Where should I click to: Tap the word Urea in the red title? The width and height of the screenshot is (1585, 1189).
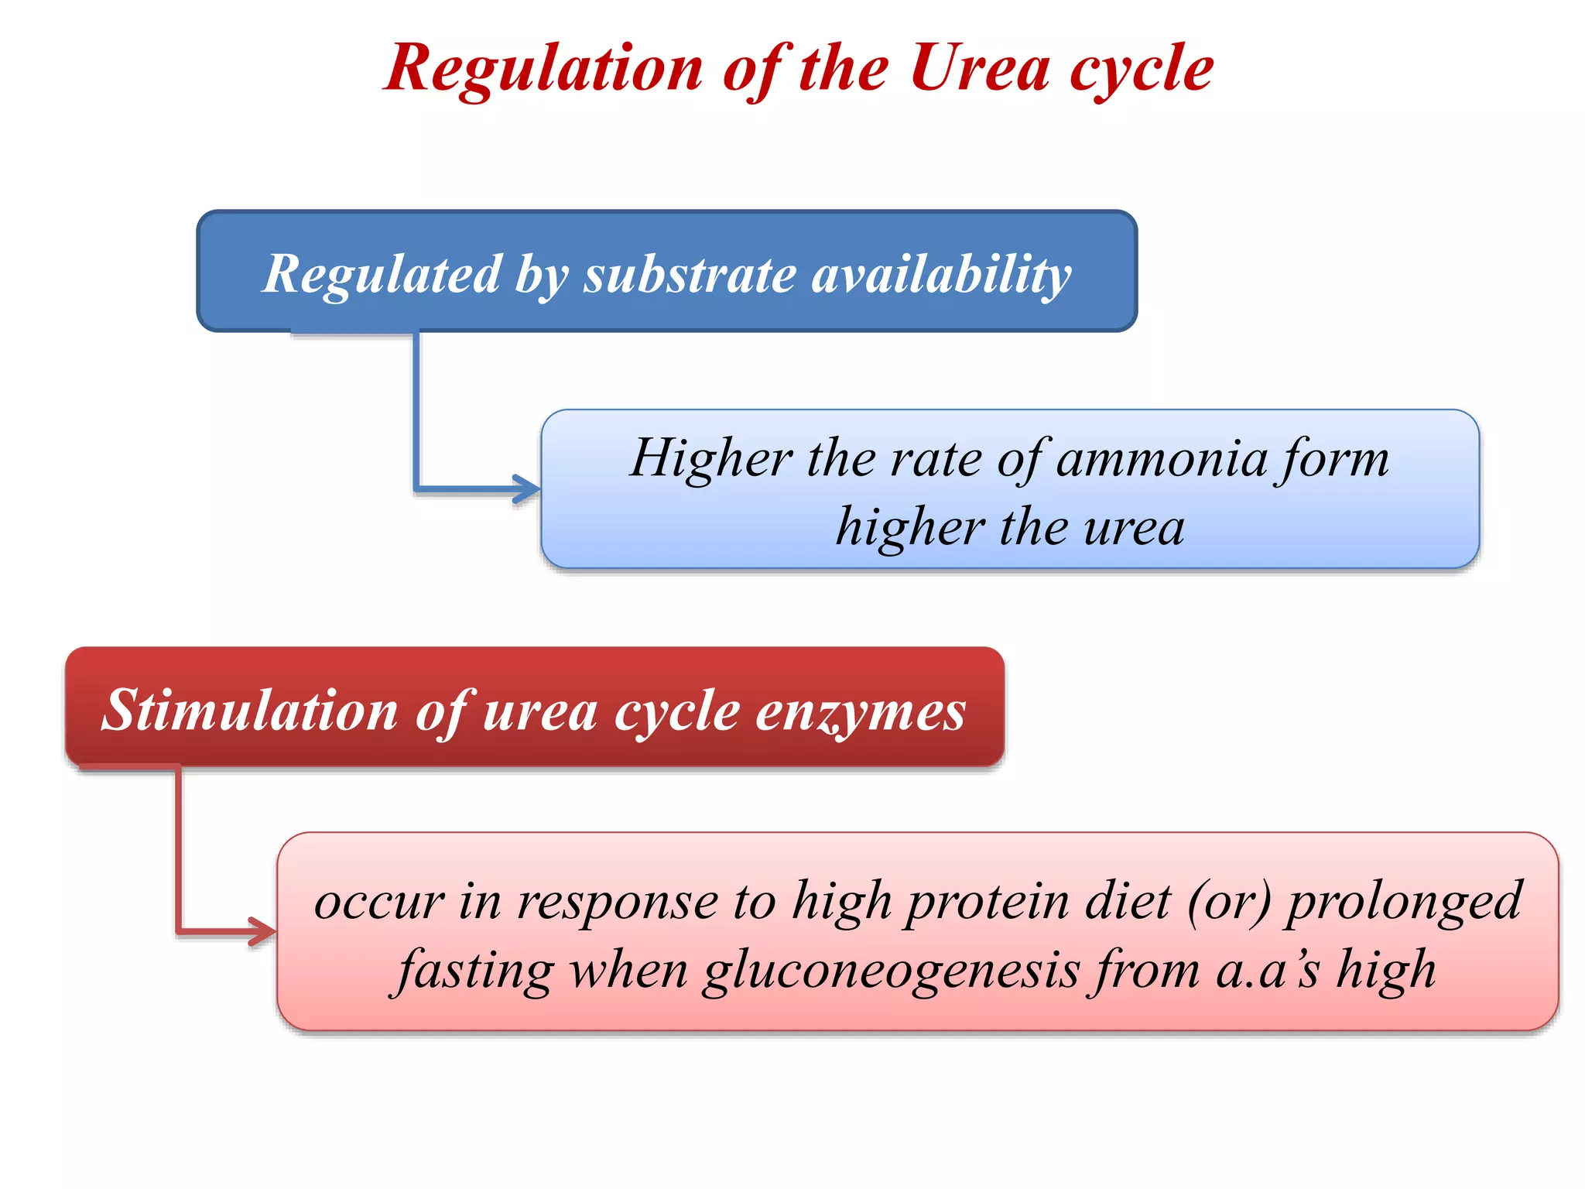[x=980, y=68]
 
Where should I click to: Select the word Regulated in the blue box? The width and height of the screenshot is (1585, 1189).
[x=382, y=274]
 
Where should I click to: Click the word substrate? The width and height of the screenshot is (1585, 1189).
[x=690, y=274]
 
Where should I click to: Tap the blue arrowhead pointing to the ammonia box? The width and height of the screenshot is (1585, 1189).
[x=529, y=489]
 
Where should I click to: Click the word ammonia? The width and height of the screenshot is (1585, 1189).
[x=1162, y=458]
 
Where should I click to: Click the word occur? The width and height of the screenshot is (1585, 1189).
[x=379, y=903]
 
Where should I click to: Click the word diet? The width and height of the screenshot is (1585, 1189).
[x=1128, y=901]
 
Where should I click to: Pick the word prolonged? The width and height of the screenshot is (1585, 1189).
[x=1403, y=903]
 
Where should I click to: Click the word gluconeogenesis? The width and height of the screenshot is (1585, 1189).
[x=891, y=971]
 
